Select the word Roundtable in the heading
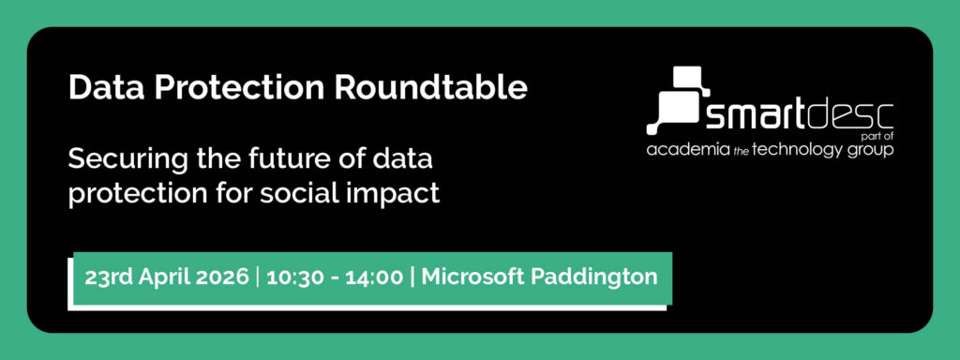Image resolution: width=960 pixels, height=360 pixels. point(430,87)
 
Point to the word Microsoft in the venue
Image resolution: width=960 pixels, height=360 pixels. point(472,277)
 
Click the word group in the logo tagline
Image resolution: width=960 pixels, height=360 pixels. point(871,151)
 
